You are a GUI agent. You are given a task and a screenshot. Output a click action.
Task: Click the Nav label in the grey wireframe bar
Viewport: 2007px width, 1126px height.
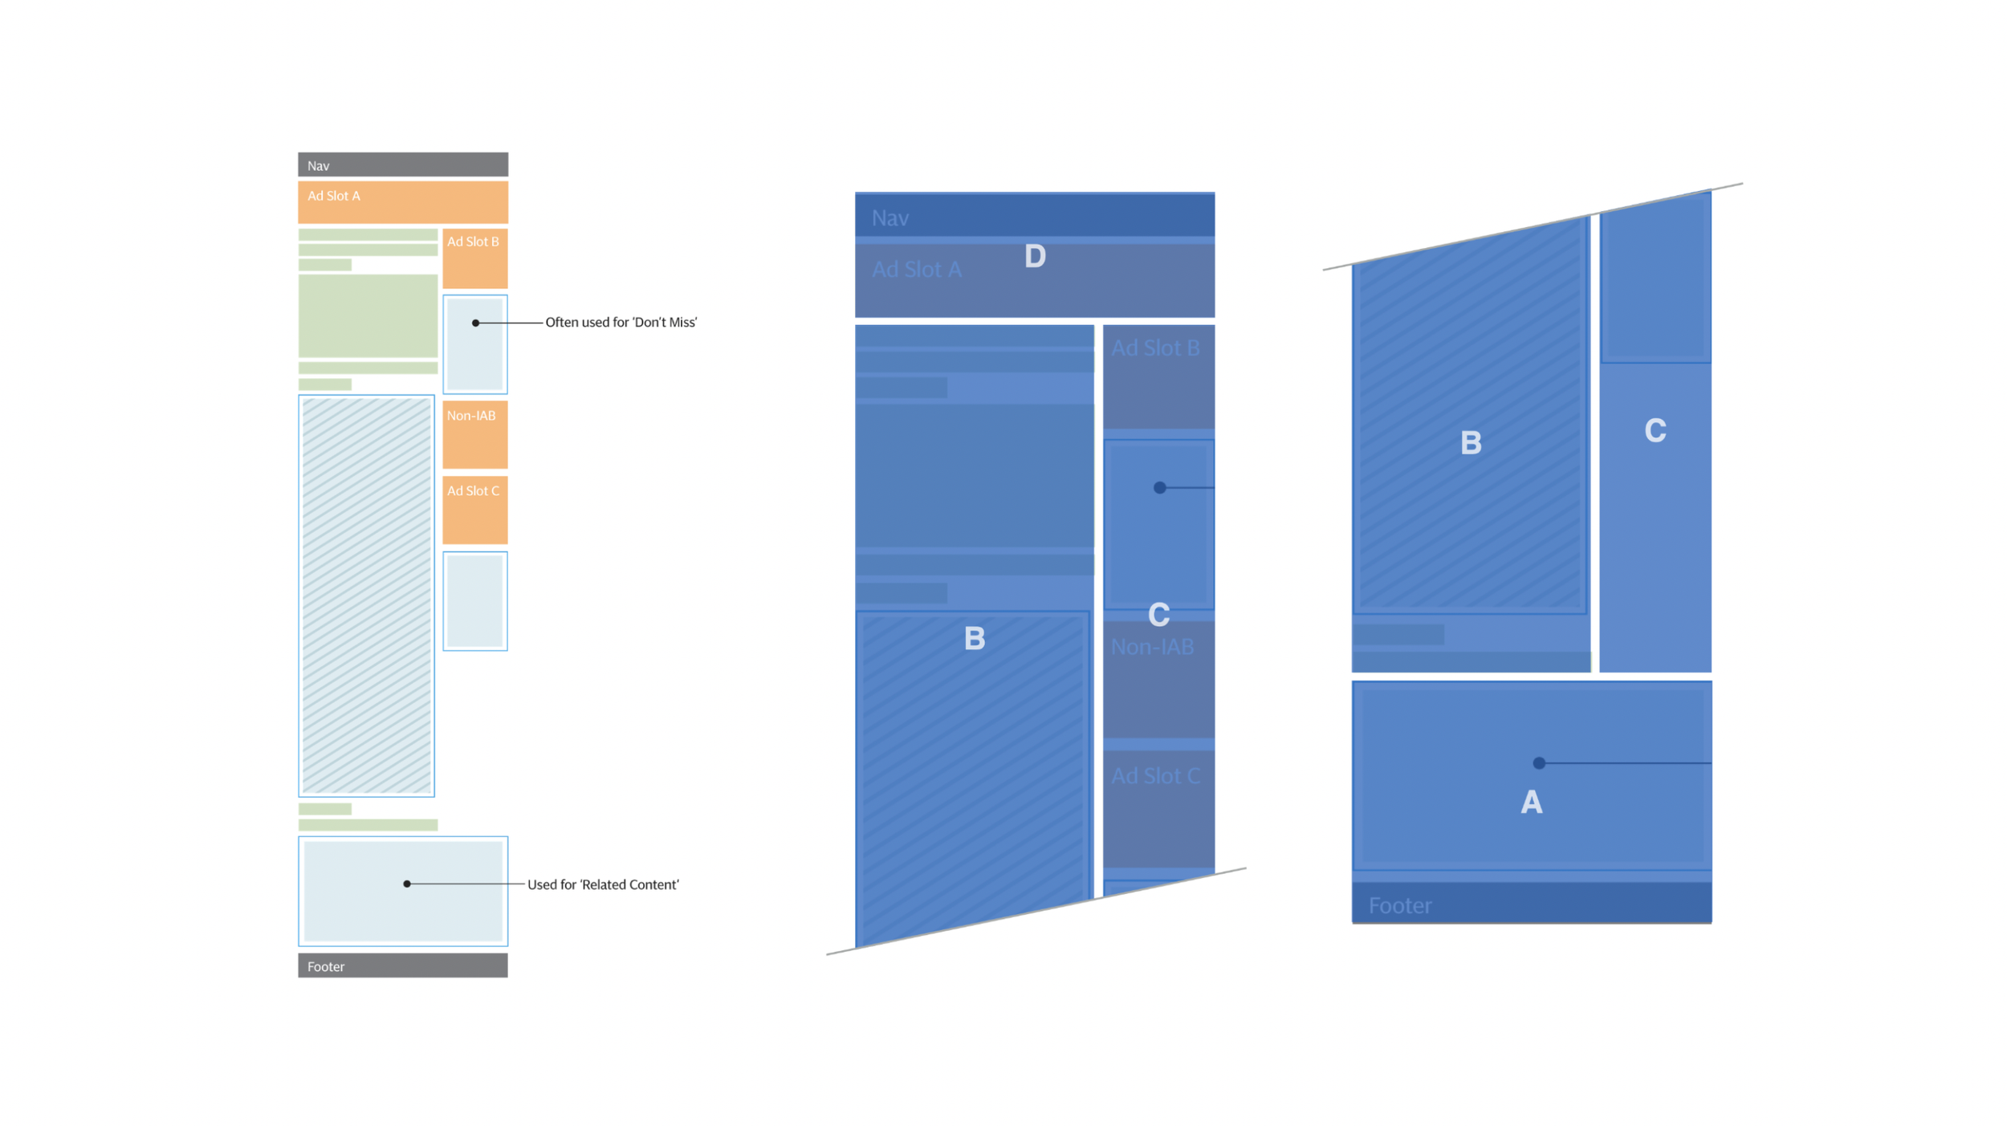[318, 166]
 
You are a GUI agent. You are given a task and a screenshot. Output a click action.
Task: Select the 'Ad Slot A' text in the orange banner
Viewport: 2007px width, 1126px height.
[333, 196]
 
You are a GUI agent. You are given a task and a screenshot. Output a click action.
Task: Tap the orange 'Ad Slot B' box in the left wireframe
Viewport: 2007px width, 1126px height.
[474, 258]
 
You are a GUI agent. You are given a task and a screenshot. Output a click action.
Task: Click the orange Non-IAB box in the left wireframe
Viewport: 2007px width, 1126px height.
[474, 434]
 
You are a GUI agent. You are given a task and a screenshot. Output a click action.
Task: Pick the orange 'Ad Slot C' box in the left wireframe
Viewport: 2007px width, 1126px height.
[474, 510]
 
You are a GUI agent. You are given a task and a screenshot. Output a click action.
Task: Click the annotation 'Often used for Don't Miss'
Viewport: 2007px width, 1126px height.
[621, 323]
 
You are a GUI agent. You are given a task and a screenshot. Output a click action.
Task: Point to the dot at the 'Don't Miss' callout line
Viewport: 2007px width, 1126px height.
[475, 323]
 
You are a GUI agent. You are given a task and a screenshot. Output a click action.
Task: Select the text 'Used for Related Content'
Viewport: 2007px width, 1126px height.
[602, 884]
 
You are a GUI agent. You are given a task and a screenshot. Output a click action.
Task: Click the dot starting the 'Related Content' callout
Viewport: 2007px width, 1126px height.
[407, 884]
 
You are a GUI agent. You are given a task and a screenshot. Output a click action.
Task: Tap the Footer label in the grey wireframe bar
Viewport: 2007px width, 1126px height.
[325, 966]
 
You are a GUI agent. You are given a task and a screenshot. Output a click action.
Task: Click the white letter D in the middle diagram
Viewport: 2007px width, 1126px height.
[1035, 256]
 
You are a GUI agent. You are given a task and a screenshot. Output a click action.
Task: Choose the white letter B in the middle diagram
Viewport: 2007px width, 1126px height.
[974, 639]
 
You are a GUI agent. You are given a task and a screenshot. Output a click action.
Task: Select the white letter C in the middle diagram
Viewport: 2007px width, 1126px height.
[1158, 615]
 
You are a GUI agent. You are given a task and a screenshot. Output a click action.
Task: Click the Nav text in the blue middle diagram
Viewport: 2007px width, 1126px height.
[890, 218]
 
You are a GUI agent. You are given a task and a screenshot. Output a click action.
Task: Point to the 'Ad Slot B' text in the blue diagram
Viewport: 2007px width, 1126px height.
[1154, 348]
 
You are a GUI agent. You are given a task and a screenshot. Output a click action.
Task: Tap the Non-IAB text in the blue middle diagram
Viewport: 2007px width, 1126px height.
[1151, 647]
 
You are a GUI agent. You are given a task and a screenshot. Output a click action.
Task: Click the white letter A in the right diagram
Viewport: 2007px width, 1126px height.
[1531, 803]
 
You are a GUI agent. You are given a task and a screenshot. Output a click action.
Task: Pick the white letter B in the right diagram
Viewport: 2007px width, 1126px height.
[1470, 443]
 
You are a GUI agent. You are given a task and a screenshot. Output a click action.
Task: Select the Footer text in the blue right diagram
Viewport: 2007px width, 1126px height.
[1399, 906]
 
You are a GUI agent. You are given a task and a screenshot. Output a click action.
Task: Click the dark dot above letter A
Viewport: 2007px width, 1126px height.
[1538, 763]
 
